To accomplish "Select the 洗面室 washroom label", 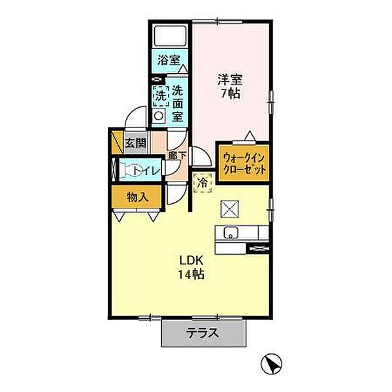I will [x=177, y=102].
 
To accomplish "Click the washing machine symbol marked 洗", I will [x=160, y=95].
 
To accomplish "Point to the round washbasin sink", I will [x=158, y=116].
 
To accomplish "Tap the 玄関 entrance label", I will [x=136, y=143].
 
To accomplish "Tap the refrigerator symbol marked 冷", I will [x=203, y=184].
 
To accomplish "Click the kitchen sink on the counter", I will [x=230, y=233].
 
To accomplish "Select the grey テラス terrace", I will [x=204, y=334].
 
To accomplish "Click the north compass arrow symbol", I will [x=274, y=363].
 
